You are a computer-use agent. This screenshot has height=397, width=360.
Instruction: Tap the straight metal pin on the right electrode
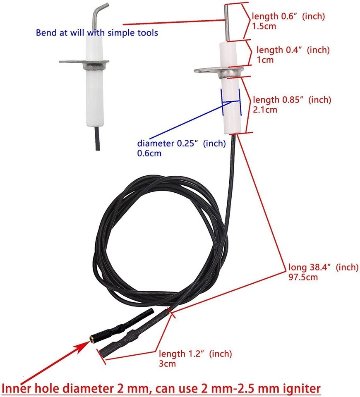[227, 23]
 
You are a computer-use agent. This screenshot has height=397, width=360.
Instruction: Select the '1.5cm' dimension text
[264, 26]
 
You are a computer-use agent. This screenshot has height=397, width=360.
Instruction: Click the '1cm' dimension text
[265, 60]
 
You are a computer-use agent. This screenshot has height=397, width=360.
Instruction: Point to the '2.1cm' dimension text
[265, 110]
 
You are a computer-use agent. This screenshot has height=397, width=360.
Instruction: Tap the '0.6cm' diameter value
[149, 153]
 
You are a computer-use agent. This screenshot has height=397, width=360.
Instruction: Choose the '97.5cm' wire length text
[303, 277]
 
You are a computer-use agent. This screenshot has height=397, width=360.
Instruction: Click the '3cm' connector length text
[167, 364]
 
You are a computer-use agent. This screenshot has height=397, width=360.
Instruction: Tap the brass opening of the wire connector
[92, 338]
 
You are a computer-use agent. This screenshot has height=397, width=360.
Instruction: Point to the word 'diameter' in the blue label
[156, 143]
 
